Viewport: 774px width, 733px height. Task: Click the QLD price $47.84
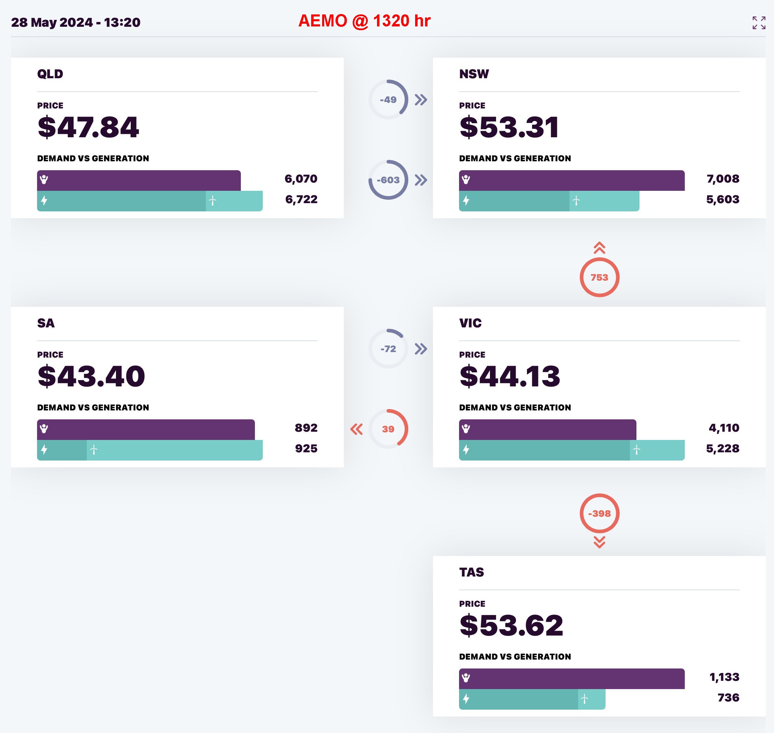(88, 127)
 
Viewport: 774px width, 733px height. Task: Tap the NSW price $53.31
(509, 127)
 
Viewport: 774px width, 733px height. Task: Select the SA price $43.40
(91, 376)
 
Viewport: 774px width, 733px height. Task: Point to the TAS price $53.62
(511, 625)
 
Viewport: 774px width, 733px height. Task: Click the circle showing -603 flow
(388, 180)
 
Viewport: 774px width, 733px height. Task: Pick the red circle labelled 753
(599, 277)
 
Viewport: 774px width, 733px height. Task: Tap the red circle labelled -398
(599, 513)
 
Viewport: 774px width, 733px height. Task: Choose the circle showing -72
(388, 349)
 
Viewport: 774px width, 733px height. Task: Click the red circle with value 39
(388, 429)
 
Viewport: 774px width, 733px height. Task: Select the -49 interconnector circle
(388, 100)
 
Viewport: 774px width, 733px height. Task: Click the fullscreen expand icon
(759, 23)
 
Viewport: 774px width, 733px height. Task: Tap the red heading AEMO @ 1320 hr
(364, 21)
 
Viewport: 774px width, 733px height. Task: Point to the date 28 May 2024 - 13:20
(76, 22)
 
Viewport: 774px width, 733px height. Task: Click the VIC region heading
(470, 323)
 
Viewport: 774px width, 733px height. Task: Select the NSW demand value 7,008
(723, 179)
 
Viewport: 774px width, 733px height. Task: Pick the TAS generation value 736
(728, 697)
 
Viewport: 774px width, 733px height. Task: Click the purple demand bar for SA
(146, 429)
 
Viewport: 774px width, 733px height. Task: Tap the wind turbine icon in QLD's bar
(213, 201)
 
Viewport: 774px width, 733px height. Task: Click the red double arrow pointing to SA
(356, 429)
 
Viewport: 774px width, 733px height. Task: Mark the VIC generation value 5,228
(723, 449)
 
